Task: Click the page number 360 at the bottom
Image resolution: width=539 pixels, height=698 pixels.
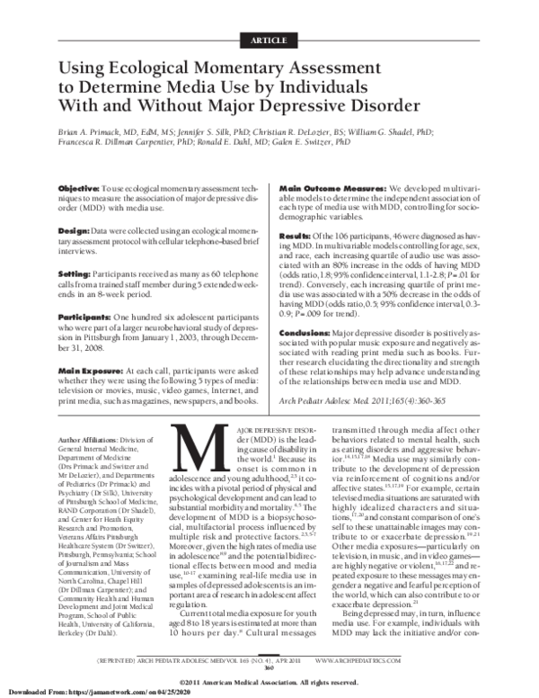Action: coord(269,667)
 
